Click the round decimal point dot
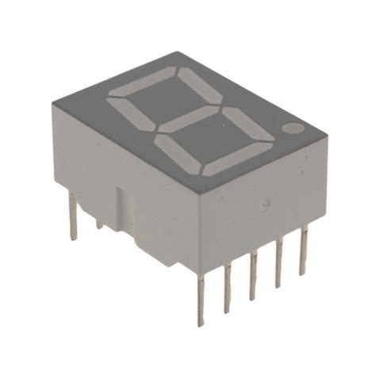pos(294,127)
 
